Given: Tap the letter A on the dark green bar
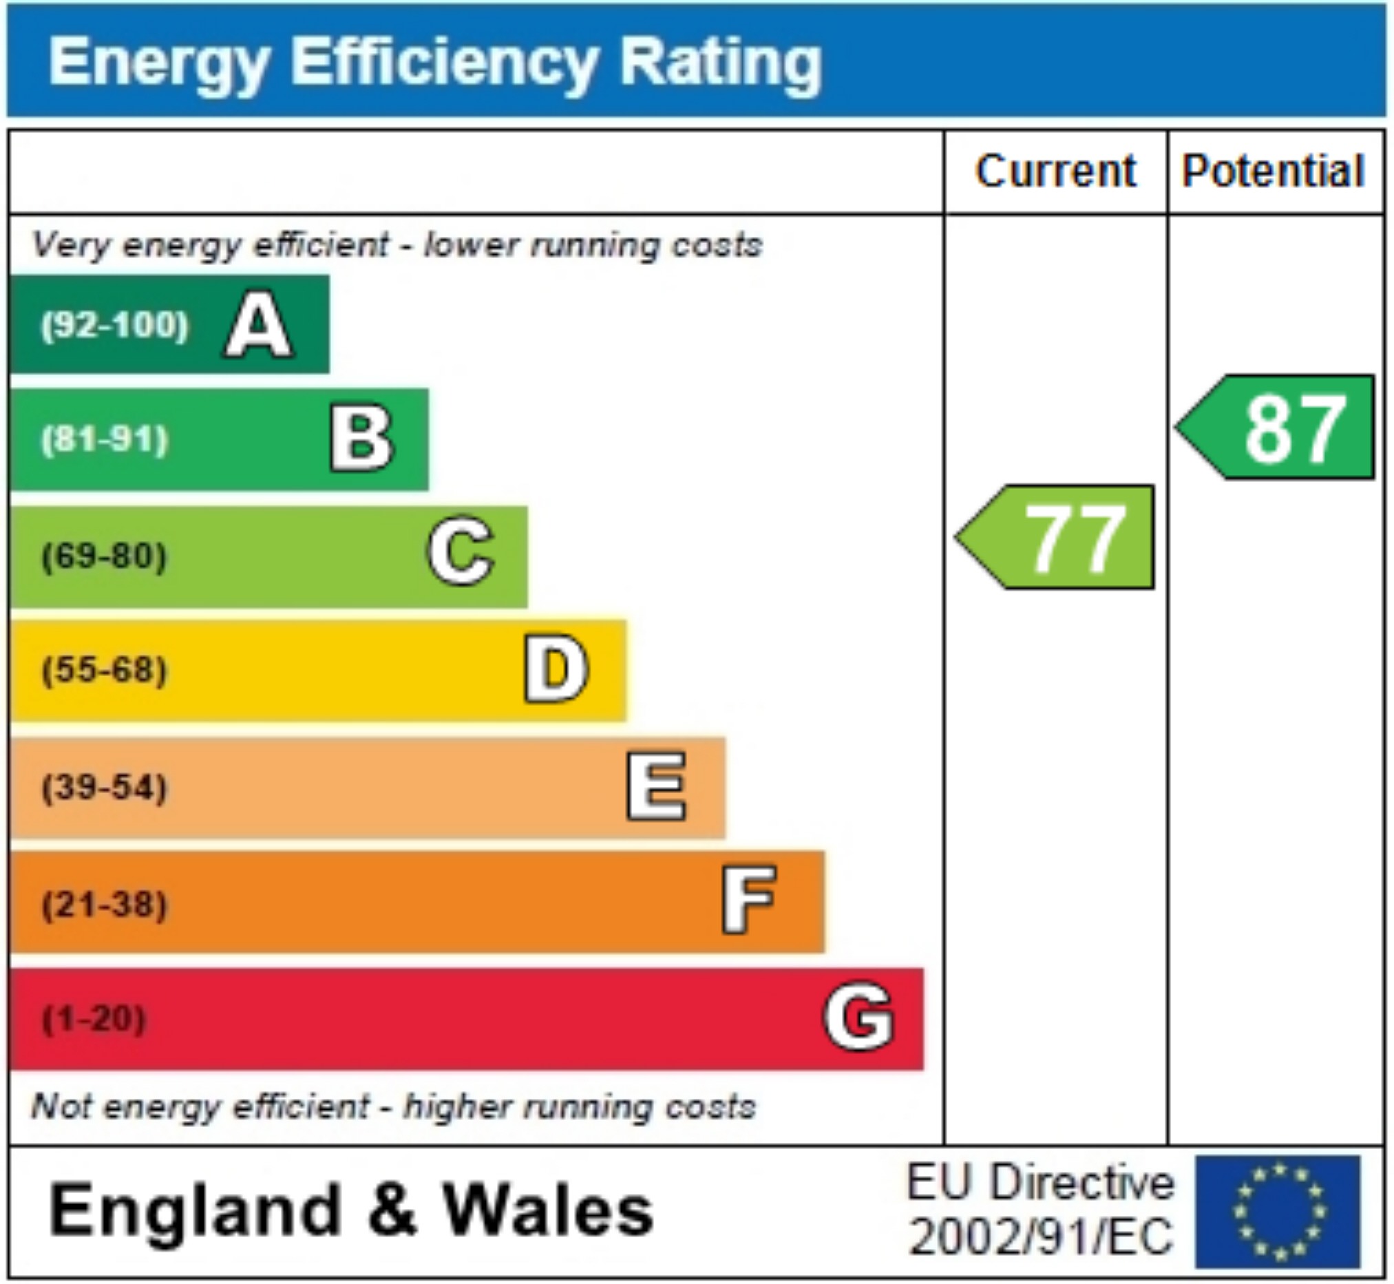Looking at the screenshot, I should [258, 324].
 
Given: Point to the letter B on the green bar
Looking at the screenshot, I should [361, 439].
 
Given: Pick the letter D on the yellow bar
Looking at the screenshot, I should [556, 669].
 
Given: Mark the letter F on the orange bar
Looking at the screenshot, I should [749, 901].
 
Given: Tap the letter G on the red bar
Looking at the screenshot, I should [858, 1016].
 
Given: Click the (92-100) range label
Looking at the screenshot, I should [114, 325].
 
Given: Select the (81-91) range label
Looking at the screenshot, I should [105, 440].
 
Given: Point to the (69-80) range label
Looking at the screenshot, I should [105, 556].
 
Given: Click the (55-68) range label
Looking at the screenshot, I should [105, 671].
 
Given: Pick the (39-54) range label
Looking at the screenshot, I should [105, 787].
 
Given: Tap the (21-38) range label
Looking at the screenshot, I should [105, 904].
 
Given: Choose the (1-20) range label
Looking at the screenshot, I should [94, 1019].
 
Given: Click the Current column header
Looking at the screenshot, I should [1056, 171].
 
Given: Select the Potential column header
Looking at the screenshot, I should [1273, 171].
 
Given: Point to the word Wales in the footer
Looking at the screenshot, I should [549, 1211].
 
